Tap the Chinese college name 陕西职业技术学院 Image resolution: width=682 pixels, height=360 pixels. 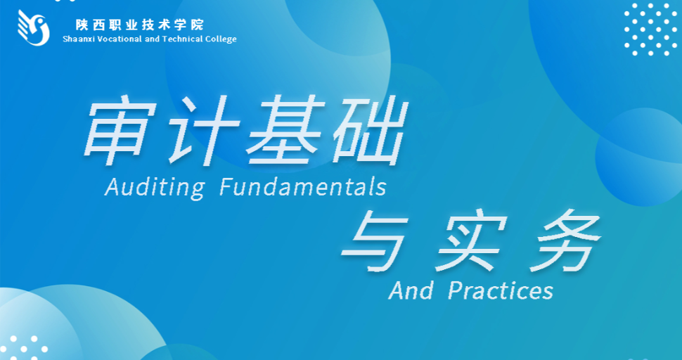(140, 25)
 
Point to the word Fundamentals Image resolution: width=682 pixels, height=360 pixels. (303, 187)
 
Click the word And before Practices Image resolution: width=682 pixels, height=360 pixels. (411, 290)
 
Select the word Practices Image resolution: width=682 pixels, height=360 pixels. (500, 290)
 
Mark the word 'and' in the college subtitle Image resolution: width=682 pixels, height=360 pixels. (146, 39)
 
